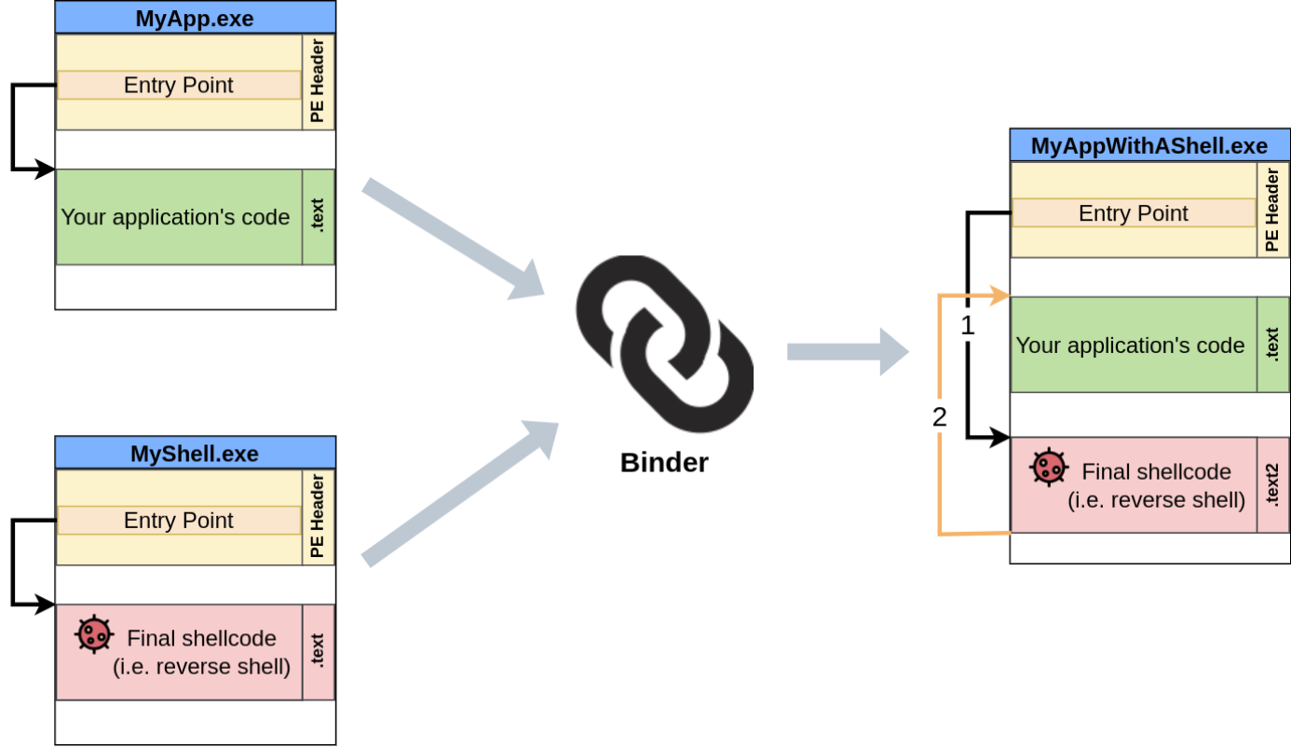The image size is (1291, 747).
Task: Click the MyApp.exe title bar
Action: point(195,18)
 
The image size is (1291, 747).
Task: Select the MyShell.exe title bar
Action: point(195,454)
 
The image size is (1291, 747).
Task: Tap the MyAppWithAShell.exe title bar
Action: point(1149,146)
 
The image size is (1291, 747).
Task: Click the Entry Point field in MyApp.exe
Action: point(179,86)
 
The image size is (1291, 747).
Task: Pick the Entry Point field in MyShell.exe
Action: point(179,521)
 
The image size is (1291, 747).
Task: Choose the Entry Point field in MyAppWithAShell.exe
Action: point(1133,213)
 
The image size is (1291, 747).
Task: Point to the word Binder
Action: point(664,463)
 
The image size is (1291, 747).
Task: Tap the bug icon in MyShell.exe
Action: point(94,635)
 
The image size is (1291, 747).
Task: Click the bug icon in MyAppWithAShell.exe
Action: point(1049,468)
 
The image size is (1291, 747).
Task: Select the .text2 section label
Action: point(1272,485)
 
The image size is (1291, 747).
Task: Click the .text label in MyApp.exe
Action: point(318,217)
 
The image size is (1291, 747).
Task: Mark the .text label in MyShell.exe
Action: point(318,652)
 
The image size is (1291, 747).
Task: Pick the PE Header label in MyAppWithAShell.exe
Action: point(1272,211)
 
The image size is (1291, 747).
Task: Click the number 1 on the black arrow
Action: point(967,326)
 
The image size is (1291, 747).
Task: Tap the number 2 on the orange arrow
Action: point(939,417)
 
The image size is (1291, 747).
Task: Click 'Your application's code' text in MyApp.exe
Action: point(176,217)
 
